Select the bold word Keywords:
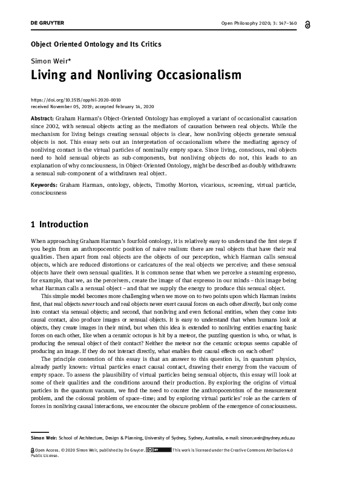tap(44, 183)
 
